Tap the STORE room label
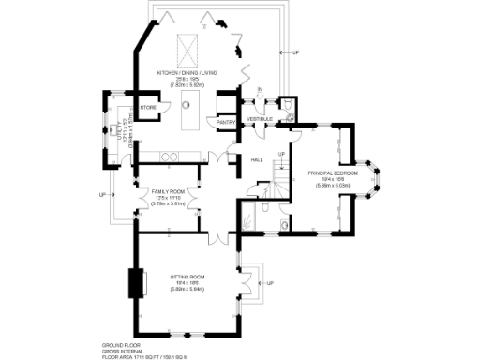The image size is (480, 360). [x=147, y=109]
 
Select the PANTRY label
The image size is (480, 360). [x=225, y=122]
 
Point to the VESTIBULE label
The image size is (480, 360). [x=260, y=120]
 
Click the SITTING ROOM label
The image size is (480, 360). [x=187, y=277]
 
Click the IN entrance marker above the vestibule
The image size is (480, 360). [x=260, y=91]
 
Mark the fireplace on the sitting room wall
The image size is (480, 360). [x=138, y=282]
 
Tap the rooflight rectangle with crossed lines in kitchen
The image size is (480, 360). [x=184, y=45]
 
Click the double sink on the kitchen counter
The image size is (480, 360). [x=172, y=157]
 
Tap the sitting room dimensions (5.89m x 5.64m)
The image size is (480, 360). [x=187, y=289]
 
